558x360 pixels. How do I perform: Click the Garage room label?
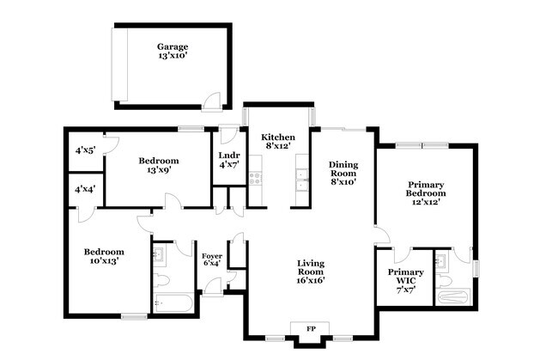coord(173,51)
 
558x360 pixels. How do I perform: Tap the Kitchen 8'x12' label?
coord(278,142)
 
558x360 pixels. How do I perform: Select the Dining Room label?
coord(343,174)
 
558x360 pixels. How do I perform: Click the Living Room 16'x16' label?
coord(311,272)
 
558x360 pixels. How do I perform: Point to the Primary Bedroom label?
coord(426,193)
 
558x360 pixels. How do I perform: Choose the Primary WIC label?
coord(406,281)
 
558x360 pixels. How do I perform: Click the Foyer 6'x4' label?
coord(212,260)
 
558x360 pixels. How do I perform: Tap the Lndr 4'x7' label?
coord(229,160)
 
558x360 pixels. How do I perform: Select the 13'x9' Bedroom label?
coord(159,165)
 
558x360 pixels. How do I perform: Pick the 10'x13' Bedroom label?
coord(104,256)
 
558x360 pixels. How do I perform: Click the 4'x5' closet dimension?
coord(85,150)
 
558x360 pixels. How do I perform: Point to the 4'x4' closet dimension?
coord(85,189)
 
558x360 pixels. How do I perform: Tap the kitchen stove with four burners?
coord(255,179)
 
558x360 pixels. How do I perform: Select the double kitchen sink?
coord(302,180)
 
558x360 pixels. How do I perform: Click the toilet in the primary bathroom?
coord(444,281)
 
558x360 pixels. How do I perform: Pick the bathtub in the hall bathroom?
coord(173,303)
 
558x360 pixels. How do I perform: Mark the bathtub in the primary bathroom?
coord(453,297)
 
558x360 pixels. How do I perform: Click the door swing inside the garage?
coord(212,102)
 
